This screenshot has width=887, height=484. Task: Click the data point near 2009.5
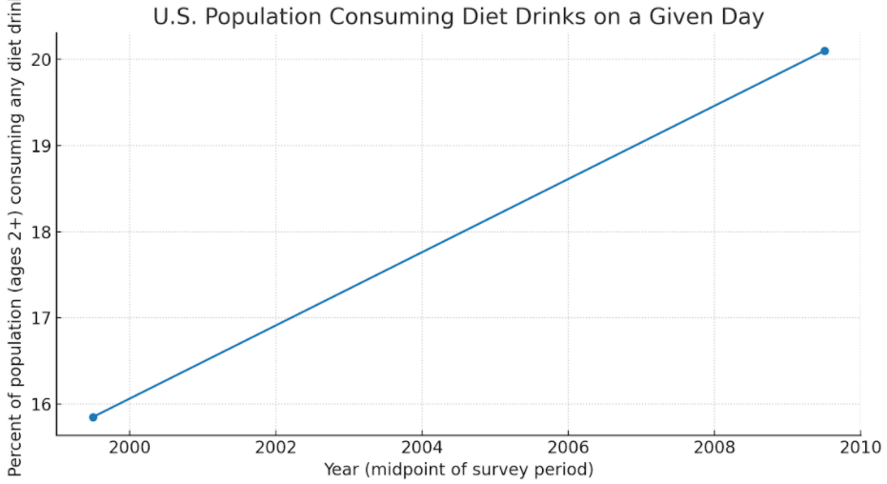tap(824, 50)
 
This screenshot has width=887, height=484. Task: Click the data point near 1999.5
tap(92, 417)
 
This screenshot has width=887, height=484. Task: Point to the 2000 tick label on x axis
tap(130, 447)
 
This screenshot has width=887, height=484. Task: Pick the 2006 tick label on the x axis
tap(568, 447)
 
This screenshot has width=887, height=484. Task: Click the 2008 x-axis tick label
tap(714, 447)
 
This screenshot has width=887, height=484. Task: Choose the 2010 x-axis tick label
tap(859, 447)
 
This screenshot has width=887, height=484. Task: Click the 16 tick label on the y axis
tap(42, 404)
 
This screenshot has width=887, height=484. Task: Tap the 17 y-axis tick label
tap(42, 318)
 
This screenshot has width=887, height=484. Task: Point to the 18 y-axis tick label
tap(42, 232)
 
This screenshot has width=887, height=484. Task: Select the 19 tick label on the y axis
tap(42, 146)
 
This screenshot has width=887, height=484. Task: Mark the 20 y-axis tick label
tap(42, 60)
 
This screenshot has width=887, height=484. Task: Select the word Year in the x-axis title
tap(341, 469)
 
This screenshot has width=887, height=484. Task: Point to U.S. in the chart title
tap(176, 16)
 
